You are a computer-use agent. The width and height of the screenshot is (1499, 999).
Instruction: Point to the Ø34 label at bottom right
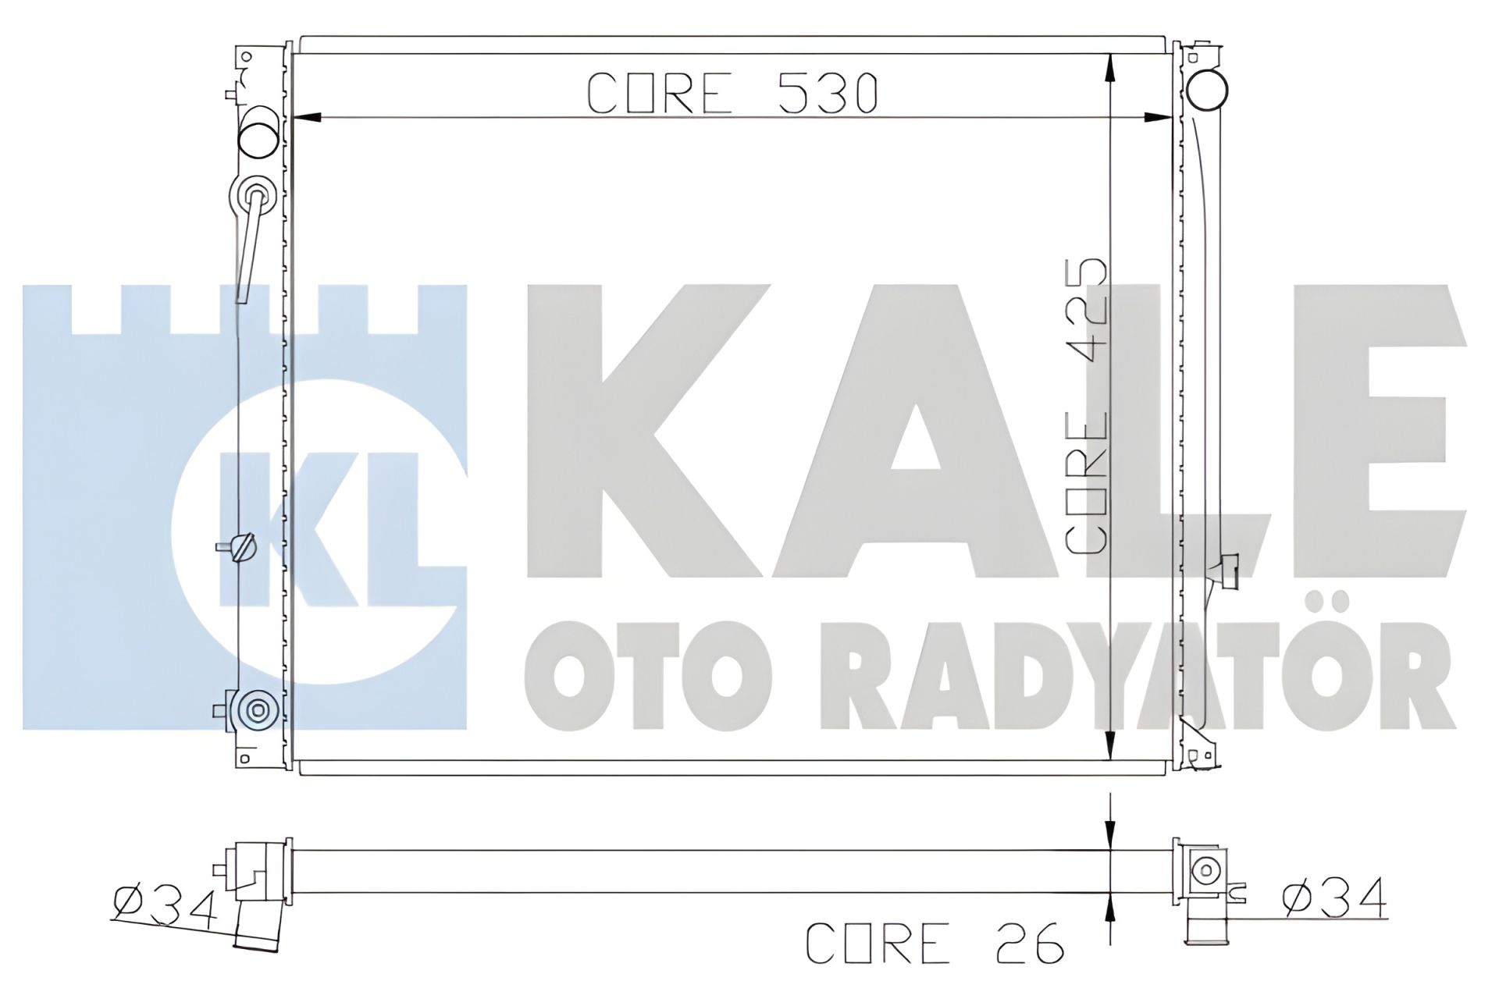pyautogui.click(x=1333, y=898)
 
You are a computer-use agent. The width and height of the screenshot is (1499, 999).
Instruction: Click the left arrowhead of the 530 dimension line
pyautogui.click(x=305, y=118)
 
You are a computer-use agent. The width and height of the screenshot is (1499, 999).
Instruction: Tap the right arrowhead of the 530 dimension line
pyautogui.click(x=1159, y=118)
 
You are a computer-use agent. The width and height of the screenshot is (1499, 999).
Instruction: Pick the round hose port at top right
pyautogui.click(x=1206, y=89)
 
